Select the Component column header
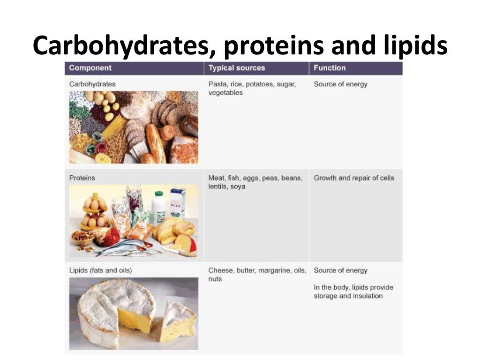coord(90,68)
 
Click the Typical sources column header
coord(236,68)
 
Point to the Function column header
coord(330,68)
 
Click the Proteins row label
coord(82,178)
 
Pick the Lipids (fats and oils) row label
coord(100,270)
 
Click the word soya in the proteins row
coord(238,187)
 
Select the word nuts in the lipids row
coord(215,279)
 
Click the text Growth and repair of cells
coord(354,178)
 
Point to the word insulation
coord(365,296)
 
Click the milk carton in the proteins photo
coord(178,202)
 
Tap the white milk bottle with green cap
coord(159,206)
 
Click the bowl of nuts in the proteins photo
coord(83,237)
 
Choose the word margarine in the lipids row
coord(272,270)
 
